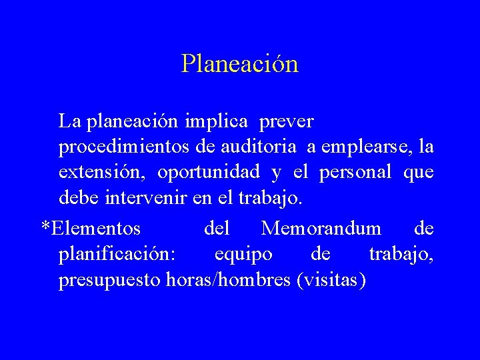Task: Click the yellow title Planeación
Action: [x=239, y=64]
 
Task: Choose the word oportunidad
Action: [x=209, y=172]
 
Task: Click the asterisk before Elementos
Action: [x=45, y=227]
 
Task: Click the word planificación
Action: [x=117, y=255]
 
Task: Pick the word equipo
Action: [x=243, y=255]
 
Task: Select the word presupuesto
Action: [x=108, y=280]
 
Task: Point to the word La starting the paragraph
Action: [x=69, y=121]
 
